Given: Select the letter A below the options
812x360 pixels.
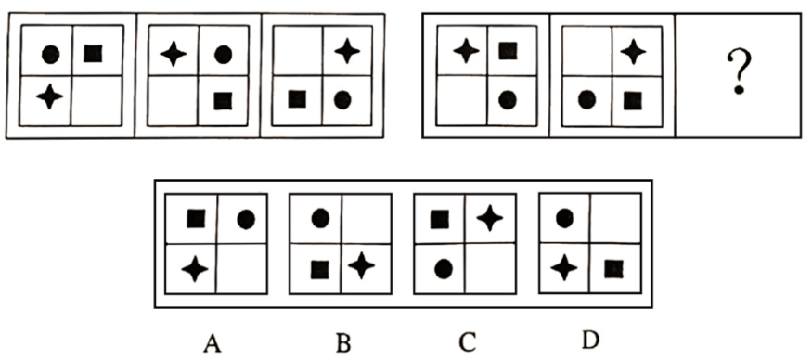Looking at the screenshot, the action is tap(211, 342).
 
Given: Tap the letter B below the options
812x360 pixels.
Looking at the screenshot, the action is tap(343, 342).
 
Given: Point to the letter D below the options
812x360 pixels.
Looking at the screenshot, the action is tap(590, 341).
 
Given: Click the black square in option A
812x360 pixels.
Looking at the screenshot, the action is tap(195, 219).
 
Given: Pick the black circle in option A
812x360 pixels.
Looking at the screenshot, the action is tap(246, 220).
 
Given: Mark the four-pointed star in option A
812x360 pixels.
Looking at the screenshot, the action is tap(195, 268).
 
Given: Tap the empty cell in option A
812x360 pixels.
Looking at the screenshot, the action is tap(241, 269).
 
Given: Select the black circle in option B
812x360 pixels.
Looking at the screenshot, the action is tap(320, 219).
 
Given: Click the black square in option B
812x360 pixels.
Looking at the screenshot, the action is tap(320, 269).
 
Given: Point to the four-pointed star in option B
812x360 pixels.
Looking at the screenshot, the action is tap(361, 266).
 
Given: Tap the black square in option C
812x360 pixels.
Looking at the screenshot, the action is tap(440, 219).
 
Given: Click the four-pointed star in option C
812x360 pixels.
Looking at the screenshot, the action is tap(489, 218).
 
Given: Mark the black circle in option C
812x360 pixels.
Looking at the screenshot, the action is tap(443, 269).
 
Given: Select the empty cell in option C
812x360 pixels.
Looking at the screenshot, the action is tap(490, 269).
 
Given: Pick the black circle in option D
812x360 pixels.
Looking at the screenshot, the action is tap(564, 219).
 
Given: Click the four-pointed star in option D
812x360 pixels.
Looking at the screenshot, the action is tap(563, 268).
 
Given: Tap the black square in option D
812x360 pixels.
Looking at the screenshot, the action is tap(613, 269).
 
